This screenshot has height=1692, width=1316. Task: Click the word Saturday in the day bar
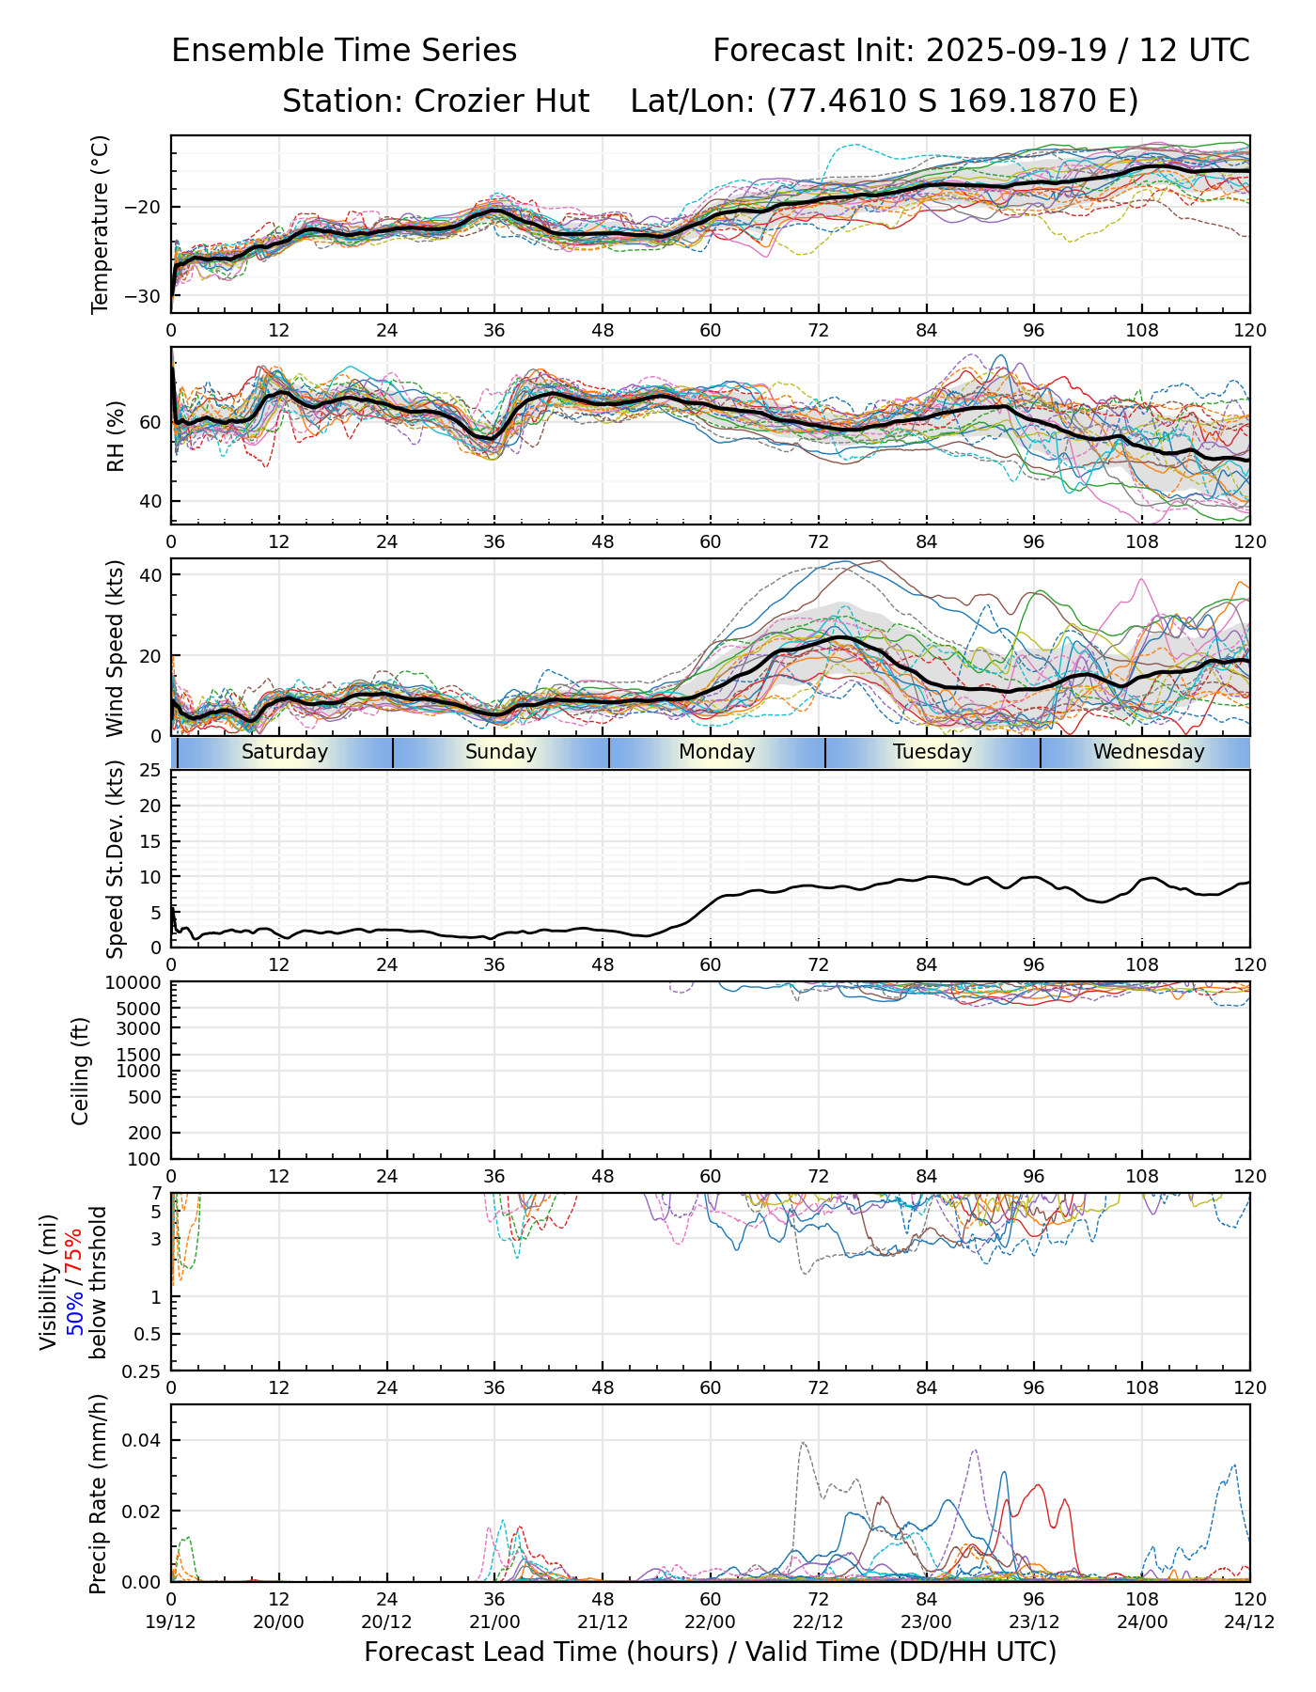pyautogui.click(x=285, y=752)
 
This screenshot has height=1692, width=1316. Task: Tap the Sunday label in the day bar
pyautogui.click(x=501, y=752)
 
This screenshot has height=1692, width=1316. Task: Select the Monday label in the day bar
pyautogui.click(x=717, y=752)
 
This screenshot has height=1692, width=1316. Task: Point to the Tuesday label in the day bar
pyautogui.click(x=932, y=752)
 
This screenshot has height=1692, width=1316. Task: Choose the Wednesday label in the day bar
pyautogui.click(x=1149, y=752)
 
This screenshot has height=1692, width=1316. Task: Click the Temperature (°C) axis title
pyautogui.click(x=101, y=224)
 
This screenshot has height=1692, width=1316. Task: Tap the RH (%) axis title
pyautogui.click(x=117, y=435)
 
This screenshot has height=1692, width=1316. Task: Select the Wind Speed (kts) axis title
pyautogui.click(x=116, y=648)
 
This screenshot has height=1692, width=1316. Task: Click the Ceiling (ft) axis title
pyautogui.click(x=81, y=1071)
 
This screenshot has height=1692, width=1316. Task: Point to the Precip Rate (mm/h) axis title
pyautogui.click(x=98, y=1494)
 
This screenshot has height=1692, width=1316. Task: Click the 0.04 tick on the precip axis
pyautogui.click(x=139, y=1441)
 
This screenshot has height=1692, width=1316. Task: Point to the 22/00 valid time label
pyautogui.click(x=711, y=1621)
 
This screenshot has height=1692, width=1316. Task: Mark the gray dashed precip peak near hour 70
pyautogui.click(x=803, y=1442)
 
